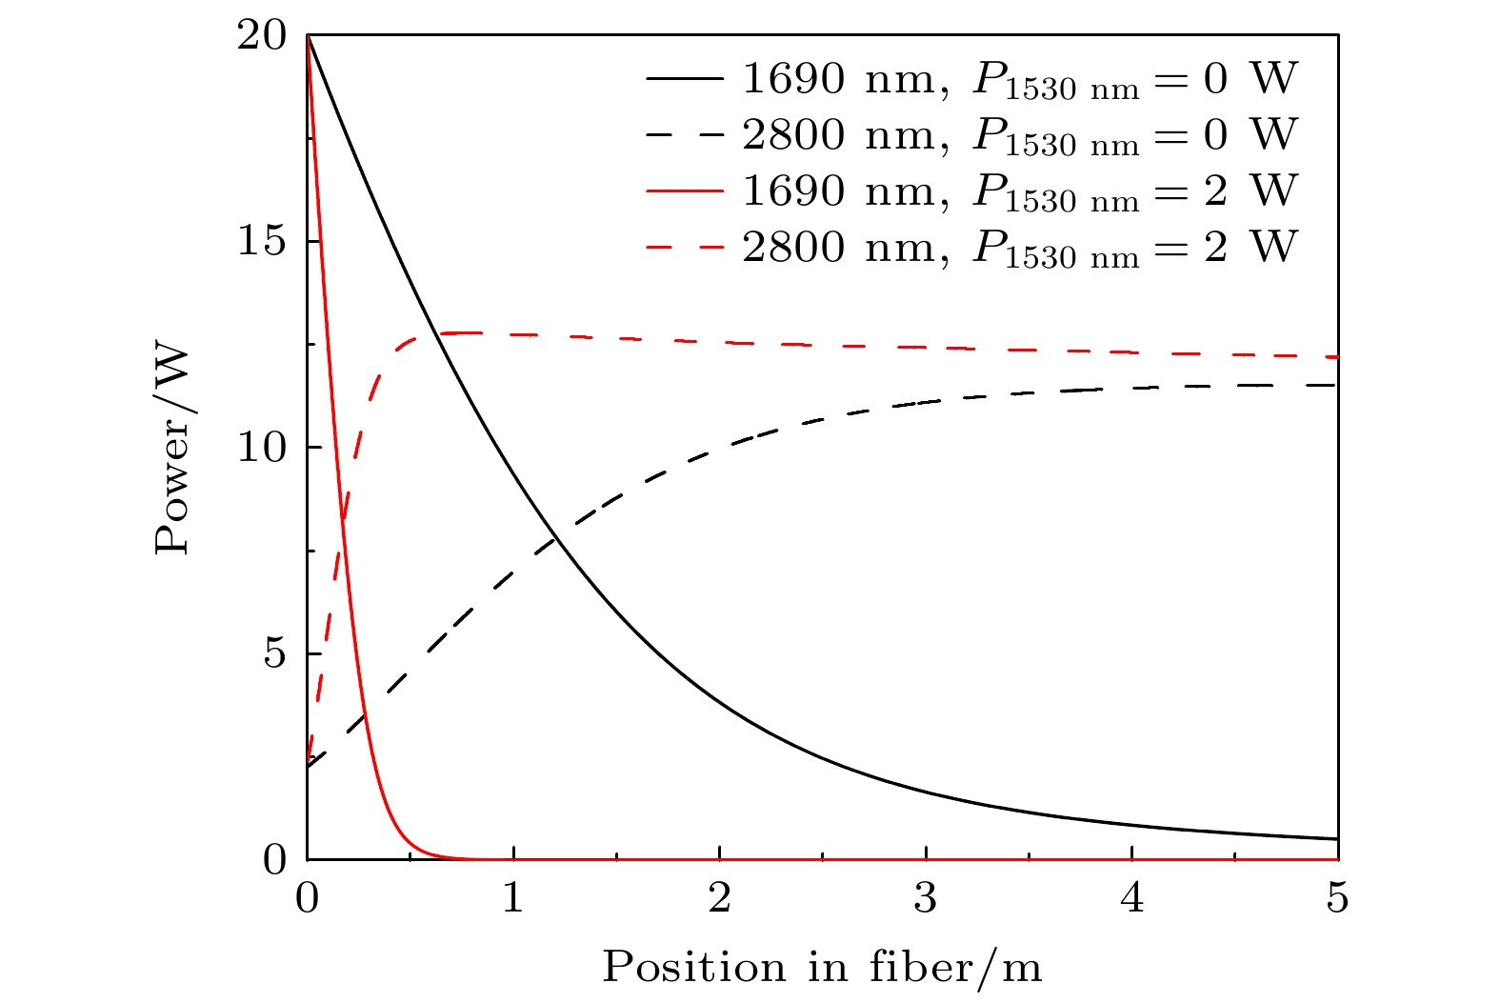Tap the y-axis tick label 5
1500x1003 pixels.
coord(274,654)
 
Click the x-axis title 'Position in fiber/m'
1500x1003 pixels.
coord(822,967)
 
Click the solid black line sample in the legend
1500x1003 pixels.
coord(685,80)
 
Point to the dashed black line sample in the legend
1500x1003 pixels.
coord(685,136)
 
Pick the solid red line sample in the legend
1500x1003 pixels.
coord(685,191)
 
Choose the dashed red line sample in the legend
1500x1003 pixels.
coord(685,248)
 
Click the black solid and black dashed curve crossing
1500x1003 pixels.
coord(557,541)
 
